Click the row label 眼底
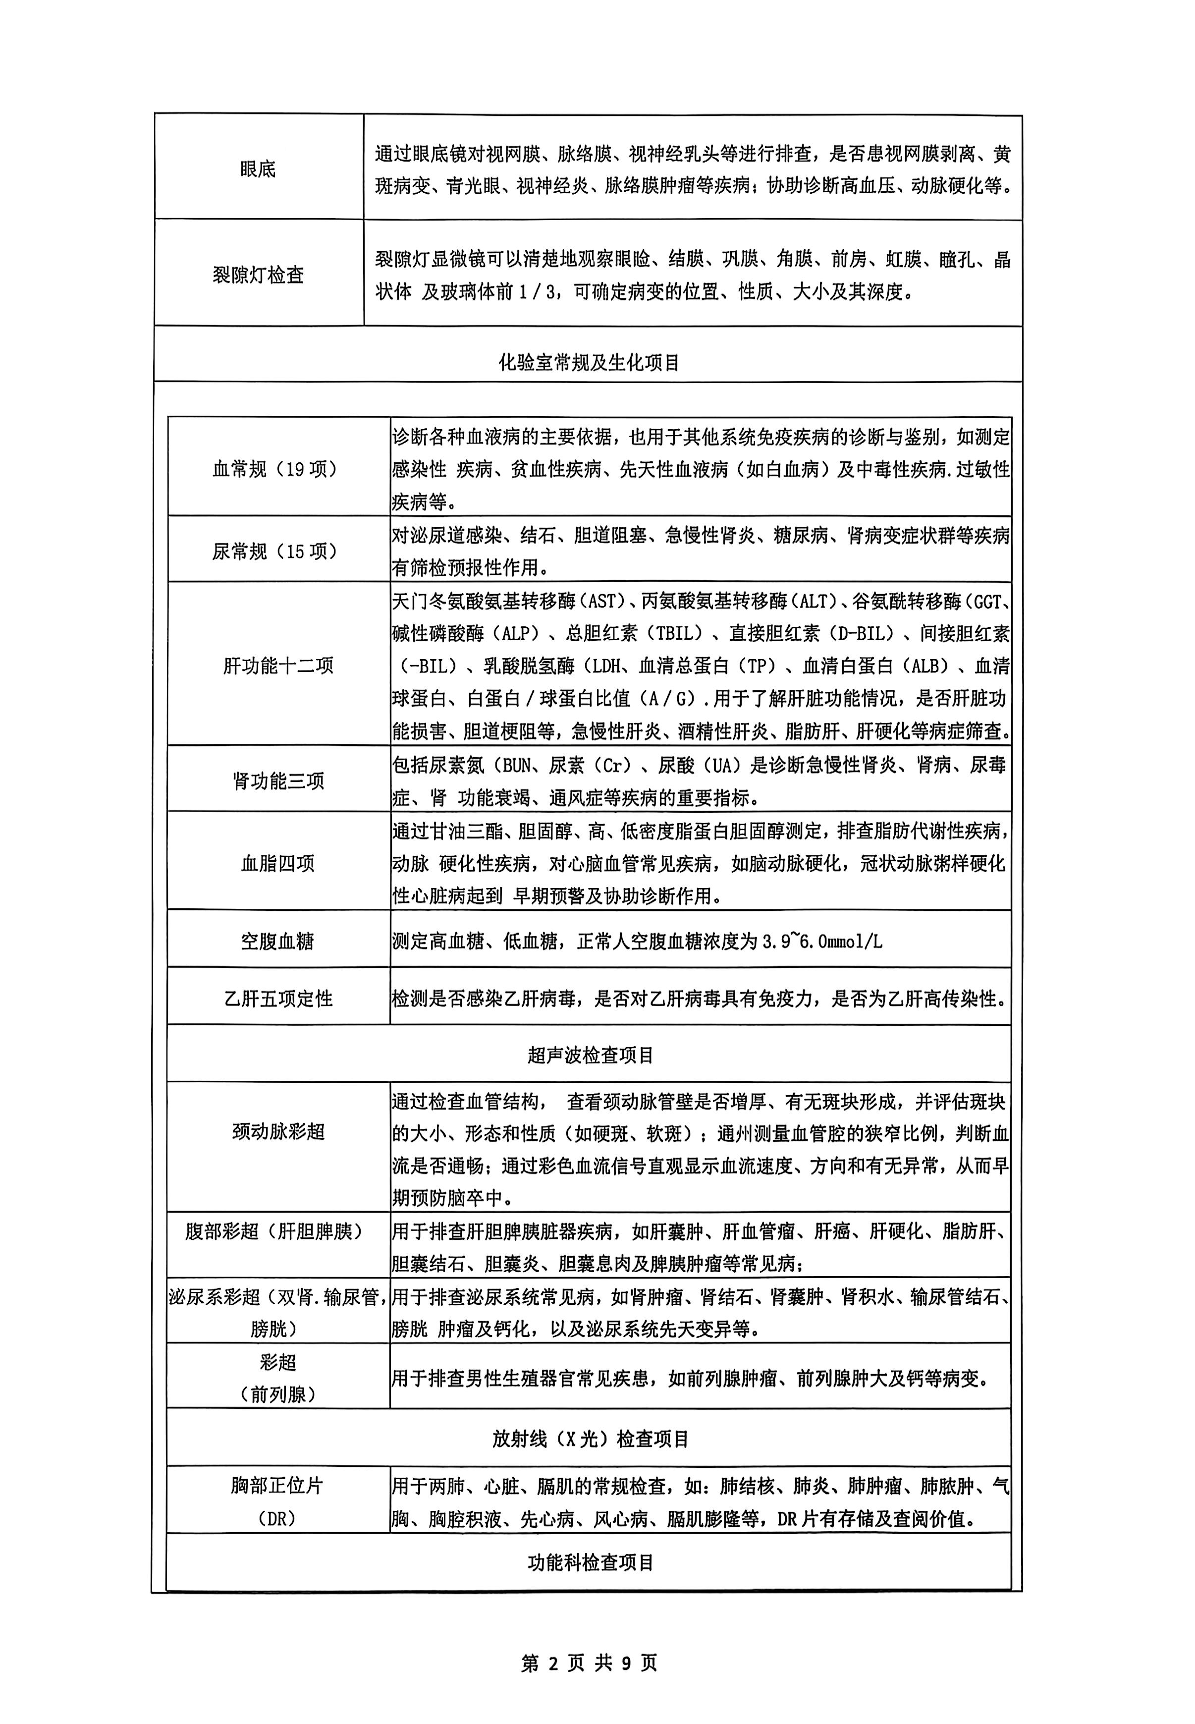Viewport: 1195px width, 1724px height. point(258,169)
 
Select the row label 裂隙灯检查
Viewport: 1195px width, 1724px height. point(258,275)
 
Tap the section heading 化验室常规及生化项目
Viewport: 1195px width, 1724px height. point(589,363)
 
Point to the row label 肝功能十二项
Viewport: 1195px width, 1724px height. point(278,666)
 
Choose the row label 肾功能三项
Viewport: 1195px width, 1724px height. point(278,781)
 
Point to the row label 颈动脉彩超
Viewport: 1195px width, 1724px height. point(278,1132)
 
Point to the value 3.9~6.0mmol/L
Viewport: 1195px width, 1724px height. point(822,942)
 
